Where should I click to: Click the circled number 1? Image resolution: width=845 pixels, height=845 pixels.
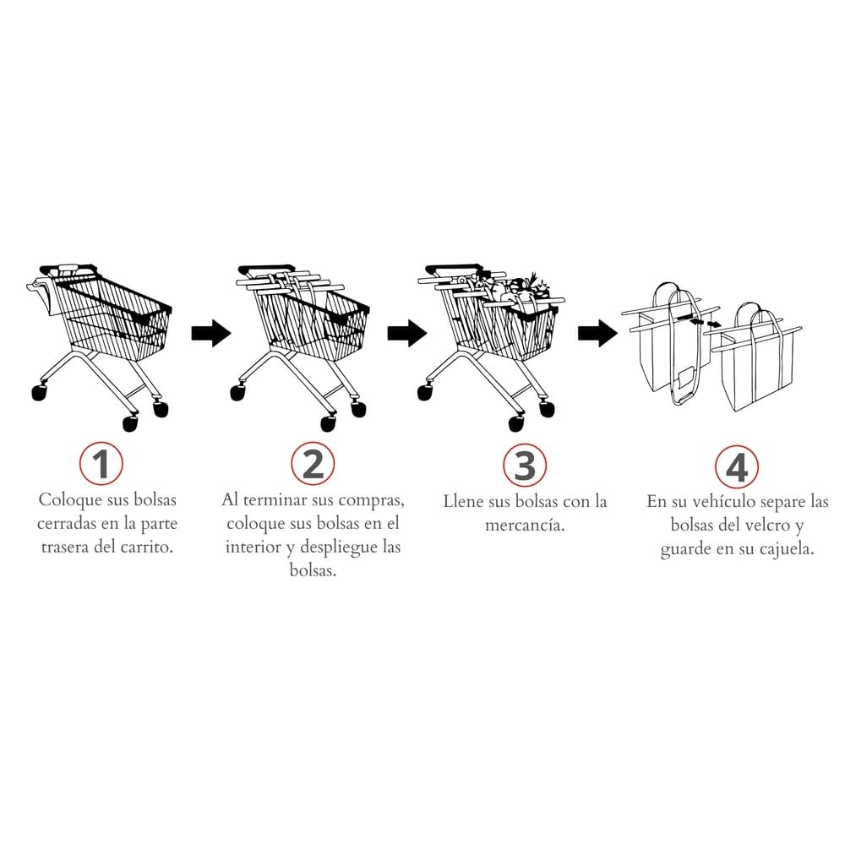[x=101, y=463]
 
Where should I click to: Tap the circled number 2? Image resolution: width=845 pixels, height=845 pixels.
[x=313, y=463]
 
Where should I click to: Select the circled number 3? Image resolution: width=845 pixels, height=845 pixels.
[x=525, y=465]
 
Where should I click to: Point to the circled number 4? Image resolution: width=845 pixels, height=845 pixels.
[x=737, y=466]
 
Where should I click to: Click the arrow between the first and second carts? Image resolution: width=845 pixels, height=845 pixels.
[x=211, y=332]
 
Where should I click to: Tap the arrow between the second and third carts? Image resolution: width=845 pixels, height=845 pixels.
[x=407, y=332]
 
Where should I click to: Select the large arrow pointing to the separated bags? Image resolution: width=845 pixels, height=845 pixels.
[x=598, y=333]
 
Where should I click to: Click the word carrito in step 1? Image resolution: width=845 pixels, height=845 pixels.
[x=146, y=548]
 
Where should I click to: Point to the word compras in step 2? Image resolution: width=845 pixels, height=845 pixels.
[x=371, y=501]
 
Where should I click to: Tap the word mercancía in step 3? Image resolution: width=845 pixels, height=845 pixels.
[x=525, y=525]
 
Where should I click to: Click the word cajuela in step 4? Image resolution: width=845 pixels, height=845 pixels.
[x=787, y=549]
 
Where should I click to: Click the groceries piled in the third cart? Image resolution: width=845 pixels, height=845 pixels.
[x=517, y=291]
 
